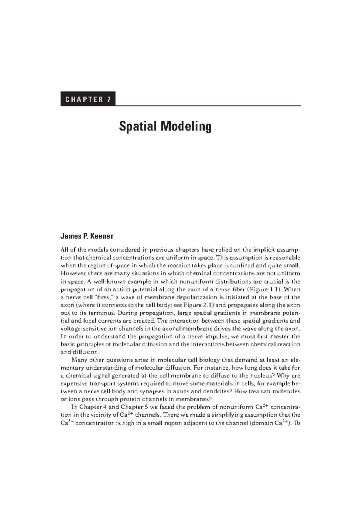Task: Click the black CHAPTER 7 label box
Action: click(88, 99)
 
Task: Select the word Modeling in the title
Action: click(186, 127)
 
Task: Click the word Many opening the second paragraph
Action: click(79, 360)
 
